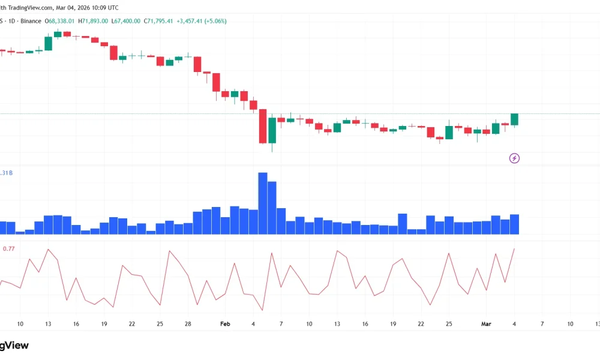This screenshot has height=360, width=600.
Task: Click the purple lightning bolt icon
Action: coord(514,158)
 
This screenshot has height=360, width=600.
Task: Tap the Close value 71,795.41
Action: coord(158,21)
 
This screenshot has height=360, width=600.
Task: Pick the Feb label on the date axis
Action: coord(225,324)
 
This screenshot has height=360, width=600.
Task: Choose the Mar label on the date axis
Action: coord(487,324)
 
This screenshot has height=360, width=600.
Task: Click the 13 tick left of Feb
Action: coord(47,324)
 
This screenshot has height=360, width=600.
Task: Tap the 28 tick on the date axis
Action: coord(188,324)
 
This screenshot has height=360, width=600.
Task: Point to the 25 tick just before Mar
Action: coord(449,324)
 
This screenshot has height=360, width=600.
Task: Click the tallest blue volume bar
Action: coord(262,203)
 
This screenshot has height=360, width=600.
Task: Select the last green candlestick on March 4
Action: coord(514,119)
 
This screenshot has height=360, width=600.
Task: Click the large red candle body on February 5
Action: coord(262,127)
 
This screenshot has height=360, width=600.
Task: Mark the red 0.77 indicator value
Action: coord(9,248)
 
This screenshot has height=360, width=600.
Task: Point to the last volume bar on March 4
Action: coord(514,224)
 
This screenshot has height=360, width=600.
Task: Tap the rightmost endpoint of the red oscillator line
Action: coord(514,248)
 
